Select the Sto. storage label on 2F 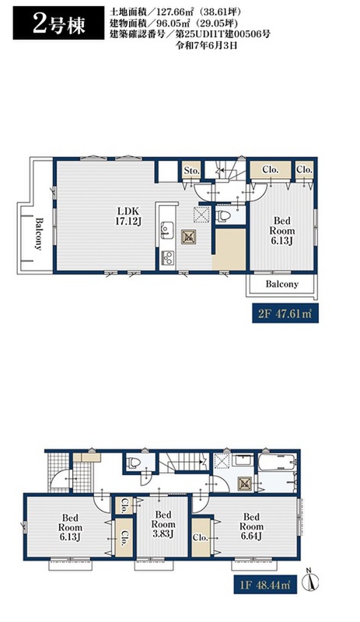click(192, 170)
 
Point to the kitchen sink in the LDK click(166, 229)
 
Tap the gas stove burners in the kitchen click(166, 257)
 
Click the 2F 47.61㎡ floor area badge click(285, 313)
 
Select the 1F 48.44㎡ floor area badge click(264, 584)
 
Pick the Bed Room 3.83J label click(163, 524)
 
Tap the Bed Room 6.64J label click(251, 526)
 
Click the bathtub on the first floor click(278, 462)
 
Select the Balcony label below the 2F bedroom click(281, 284)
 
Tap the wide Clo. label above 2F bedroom click(271, 169)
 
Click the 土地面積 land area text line click(176, 12)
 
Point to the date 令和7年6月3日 click(206, 45)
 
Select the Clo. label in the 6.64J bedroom click(201, 537)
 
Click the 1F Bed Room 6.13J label click(70, 527)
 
